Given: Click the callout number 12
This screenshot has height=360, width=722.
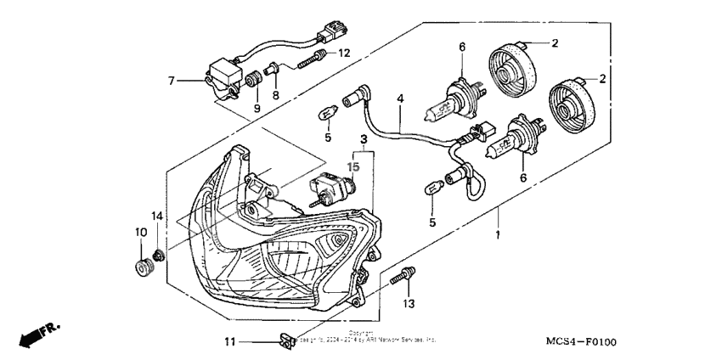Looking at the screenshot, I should (x=343, y=53).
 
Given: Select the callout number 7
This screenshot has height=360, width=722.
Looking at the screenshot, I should (x=171, y=81).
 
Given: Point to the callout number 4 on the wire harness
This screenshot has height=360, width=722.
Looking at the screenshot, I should (x=399, y=99).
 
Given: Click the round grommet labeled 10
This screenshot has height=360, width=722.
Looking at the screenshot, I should (x=141, y=269).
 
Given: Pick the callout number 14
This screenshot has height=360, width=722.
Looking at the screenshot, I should (x=156, y=215).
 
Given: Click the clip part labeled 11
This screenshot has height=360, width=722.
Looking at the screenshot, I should (x=285, y=342).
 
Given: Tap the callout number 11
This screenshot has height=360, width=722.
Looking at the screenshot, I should (x=228, y=342).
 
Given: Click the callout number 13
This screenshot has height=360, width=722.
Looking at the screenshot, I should (x=408, y=303).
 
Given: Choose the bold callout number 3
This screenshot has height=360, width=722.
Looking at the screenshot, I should (x=363, y=138).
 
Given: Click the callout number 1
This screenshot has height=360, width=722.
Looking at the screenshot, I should (x=499, y=233).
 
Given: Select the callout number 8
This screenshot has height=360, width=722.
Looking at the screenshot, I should (x=275, y=95).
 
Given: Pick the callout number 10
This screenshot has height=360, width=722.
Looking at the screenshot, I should (x=140, y=232).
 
